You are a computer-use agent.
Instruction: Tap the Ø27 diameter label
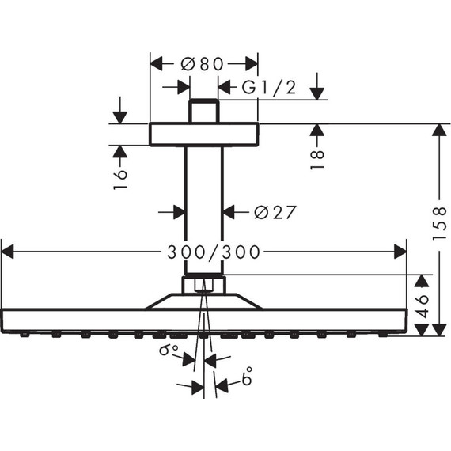click(275, 212)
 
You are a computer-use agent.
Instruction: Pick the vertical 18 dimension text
click(318, 157)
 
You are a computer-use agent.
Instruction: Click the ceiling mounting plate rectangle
click(204, 134)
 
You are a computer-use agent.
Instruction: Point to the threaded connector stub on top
click(204, 110)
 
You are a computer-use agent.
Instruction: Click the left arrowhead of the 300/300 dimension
click(9, 252)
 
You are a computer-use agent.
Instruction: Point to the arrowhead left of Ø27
click(178, 211)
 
